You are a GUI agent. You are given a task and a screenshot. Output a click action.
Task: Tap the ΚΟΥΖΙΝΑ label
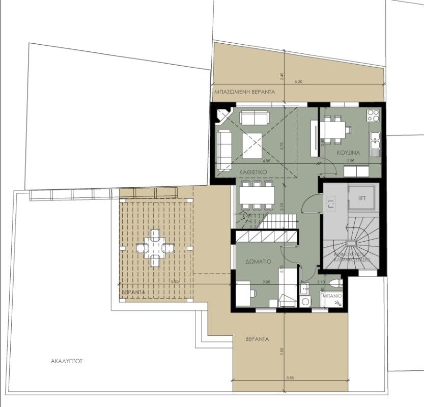click(x=348, y=153)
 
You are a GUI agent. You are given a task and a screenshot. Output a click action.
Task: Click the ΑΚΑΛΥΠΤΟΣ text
click(x=67, y=362)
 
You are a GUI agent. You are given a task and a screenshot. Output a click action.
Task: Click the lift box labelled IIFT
click(x=362, y=197)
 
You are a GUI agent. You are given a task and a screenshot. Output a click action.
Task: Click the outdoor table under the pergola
click(x=155, y=248)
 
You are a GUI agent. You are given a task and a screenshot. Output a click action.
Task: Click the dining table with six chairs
click(x=257, y=195)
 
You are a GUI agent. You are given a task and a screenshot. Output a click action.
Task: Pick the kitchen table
click(x=335, y=130)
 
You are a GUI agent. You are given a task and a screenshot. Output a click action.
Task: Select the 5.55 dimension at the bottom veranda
click(x=291, y=378)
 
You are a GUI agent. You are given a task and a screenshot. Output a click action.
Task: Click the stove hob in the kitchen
click(x=373, y=115)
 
